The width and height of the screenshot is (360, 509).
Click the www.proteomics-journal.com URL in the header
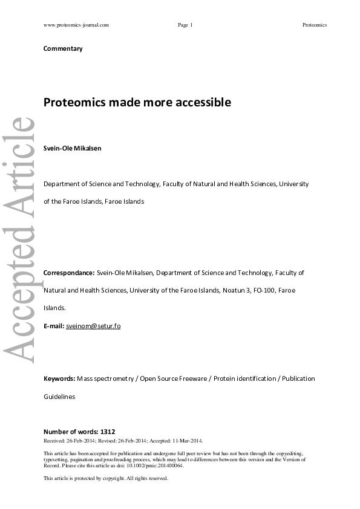click(x=76, y=25)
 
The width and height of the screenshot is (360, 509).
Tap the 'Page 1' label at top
click(x=185, y=25)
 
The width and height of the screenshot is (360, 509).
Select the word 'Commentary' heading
click(x=63, y=48)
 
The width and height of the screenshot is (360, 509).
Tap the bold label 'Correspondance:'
click(x=69, y=273)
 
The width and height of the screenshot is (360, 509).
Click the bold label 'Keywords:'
click(x=59, y=378)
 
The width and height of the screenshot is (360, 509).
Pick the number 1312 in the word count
click(x=108, y=432)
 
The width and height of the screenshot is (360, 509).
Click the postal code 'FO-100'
click(x=266, y=291)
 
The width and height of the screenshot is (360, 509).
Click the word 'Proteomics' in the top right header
click(x=315, y=25)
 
